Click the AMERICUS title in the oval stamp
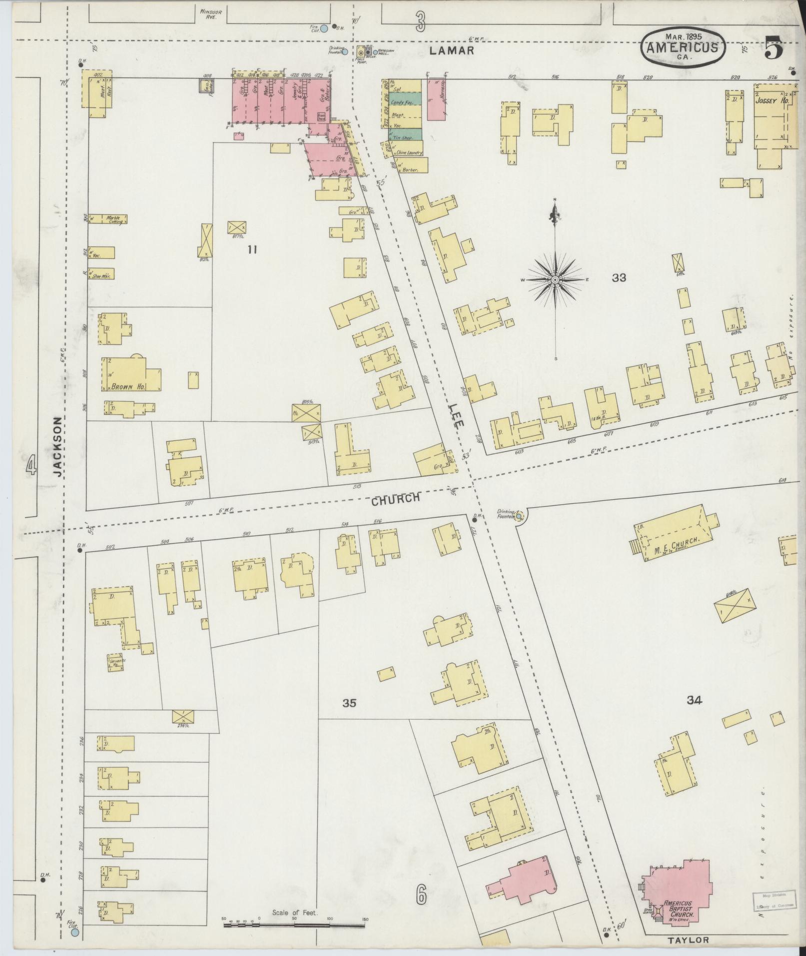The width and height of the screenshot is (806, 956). [x=682, y=48]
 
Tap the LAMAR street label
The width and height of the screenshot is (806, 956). [x=452, y=50]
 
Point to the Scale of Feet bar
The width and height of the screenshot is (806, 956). [x=294, y=926]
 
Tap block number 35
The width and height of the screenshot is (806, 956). [x=349, y=703]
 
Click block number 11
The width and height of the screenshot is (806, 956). [x=252, y=249]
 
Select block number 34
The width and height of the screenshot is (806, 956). [x=694, y=701]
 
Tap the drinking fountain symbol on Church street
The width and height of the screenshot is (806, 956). [x=519, y=515]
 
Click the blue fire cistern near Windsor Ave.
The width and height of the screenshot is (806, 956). [x=324, y=29]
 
